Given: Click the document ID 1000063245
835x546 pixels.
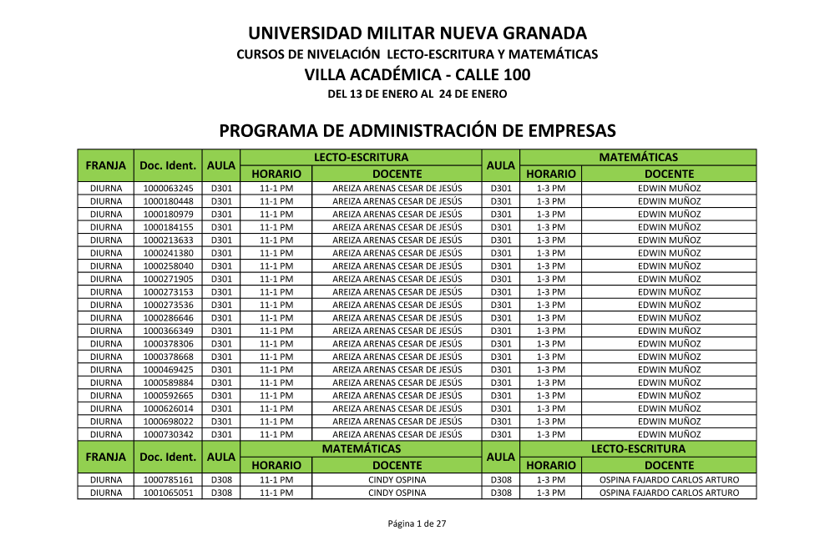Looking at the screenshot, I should tap(168, 188).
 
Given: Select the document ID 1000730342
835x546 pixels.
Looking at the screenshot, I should tap(168, 434).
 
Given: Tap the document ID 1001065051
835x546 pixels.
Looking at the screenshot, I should tap(168, 493).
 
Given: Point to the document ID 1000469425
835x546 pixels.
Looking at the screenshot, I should tap(168, 369).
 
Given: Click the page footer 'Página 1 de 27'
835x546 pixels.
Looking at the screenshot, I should tap(417, 523).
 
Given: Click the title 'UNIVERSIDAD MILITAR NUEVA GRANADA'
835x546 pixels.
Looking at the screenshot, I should tap(417, 33).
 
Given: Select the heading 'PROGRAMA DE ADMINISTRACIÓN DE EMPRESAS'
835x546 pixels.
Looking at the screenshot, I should tap(417, 131).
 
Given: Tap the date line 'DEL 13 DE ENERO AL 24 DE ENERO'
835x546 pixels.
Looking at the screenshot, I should tap(417, 94).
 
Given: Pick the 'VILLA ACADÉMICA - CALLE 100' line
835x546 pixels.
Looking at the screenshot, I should tap(417, 74).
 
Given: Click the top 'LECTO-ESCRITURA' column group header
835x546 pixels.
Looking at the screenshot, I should tap(361, 157).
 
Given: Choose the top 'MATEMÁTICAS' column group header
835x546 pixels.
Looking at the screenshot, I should tap(638, 157).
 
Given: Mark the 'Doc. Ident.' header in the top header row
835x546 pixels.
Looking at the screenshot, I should tap(168, 165).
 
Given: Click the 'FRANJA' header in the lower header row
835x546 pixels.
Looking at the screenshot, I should tap(106, 457).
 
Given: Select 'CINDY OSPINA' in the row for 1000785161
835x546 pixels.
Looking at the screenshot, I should tap(397, 480).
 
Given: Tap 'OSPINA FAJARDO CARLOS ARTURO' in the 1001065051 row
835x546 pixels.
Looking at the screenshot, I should tap(669, 493).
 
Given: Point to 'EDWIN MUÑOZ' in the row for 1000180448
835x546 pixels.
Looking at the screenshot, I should tap(669, 201).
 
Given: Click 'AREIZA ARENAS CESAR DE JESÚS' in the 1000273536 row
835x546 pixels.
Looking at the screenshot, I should tap(397, 305).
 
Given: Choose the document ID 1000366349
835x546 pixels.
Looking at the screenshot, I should tap(168, 331).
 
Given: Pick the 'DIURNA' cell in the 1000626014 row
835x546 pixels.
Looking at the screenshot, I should tap(106, 408).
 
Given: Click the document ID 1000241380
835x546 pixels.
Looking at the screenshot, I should tap(168, 253).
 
